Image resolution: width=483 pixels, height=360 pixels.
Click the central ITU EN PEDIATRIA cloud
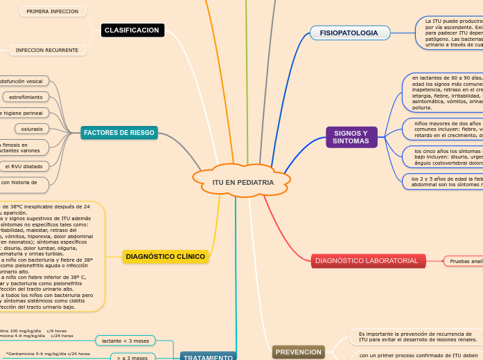click(243, 182)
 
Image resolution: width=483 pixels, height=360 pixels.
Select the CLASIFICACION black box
click(132, 30)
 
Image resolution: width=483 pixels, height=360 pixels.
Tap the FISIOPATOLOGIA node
click(349, 33)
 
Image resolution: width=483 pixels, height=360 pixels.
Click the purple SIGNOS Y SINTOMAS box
click(351, 137)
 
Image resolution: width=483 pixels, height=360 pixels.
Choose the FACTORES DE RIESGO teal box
click(118, 132)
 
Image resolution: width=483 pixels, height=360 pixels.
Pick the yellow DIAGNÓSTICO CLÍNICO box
click(166, 257)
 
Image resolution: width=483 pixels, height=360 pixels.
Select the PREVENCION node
click(298, 352)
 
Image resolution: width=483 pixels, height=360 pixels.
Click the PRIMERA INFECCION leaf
click(53, 12)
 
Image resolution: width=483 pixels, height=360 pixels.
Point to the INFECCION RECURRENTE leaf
click(47, 51)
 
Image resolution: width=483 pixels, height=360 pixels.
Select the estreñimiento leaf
click(26, 97)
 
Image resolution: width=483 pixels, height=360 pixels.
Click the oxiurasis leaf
click(31, 129)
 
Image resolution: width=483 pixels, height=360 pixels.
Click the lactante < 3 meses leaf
click(125, 341)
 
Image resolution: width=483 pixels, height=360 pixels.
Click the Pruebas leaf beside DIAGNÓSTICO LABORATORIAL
click(463, 261)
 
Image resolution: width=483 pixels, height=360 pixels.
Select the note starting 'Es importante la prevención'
click(416, 337)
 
